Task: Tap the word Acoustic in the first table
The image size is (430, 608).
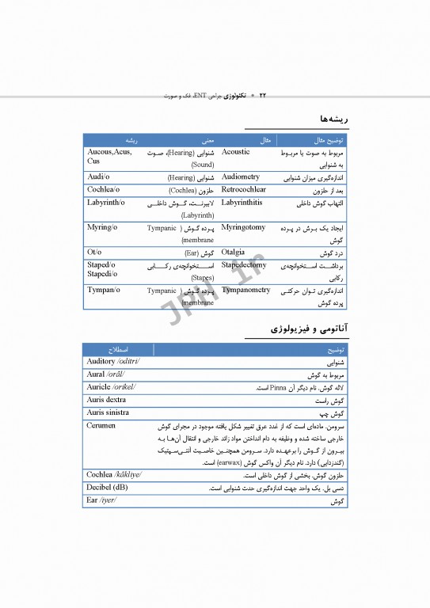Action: tap(235, 151)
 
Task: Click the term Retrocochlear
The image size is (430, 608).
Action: tap(243, 190)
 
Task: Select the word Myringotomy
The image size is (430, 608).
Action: tap(243, 227)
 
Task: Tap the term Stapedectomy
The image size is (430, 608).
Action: tap(244, 265)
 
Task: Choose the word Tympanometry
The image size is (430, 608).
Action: tap(245, 291)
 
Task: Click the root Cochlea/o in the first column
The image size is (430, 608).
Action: tap(103, 190)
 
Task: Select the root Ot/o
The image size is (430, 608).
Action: tap(94, 253)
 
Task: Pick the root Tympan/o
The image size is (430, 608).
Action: tap(104, 291)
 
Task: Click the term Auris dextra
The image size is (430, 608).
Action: tap(106, 400)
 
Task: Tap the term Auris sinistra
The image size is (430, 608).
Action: tap(108, 412)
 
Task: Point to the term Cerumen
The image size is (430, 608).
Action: tap(101, 425)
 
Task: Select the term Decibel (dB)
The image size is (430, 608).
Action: tap(107, 488)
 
